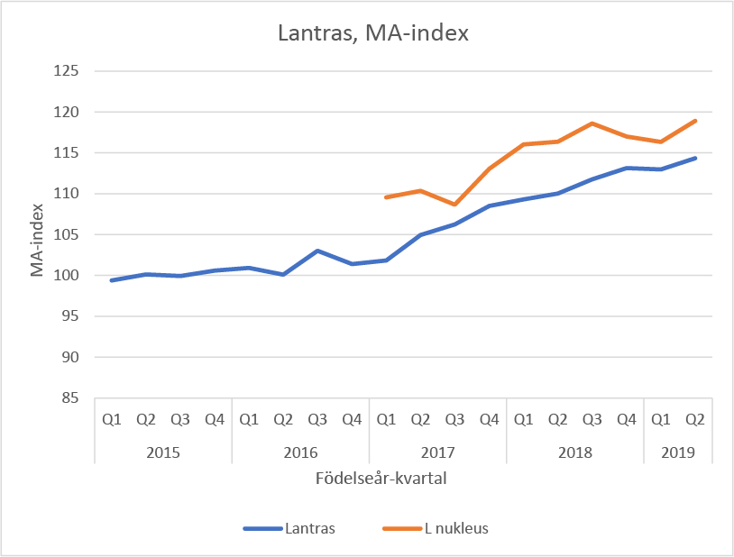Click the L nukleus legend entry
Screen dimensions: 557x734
click(x=456, y=528)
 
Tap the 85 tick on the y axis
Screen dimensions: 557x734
click(x=72, y=397)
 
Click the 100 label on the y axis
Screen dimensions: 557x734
click(x=69, y=275)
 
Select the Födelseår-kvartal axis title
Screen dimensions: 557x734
click(x=381, y=479)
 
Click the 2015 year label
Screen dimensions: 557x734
click(x=163, y=451)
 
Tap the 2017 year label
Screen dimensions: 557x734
click(x=437, y=451)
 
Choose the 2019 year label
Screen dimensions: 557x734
click(x=677, y=451)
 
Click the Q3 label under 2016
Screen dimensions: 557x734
click(x=317, y=418)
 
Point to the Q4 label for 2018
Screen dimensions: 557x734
click(x=626, y=418)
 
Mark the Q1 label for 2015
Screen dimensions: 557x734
click(x=112, y=418)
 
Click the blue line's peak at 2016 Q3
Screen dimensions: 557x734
click(x=317, y=251)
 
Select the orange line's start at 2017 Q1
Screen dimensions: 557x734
click(x=386, y=196)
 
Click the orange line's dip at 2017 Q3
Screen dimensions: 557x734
click(x=454, y=205)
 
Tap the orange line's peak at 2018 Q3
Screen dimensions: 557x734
click(x=592, y=123)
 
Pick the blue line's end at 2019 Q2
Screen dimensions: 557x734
click(x=695, y=158)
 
